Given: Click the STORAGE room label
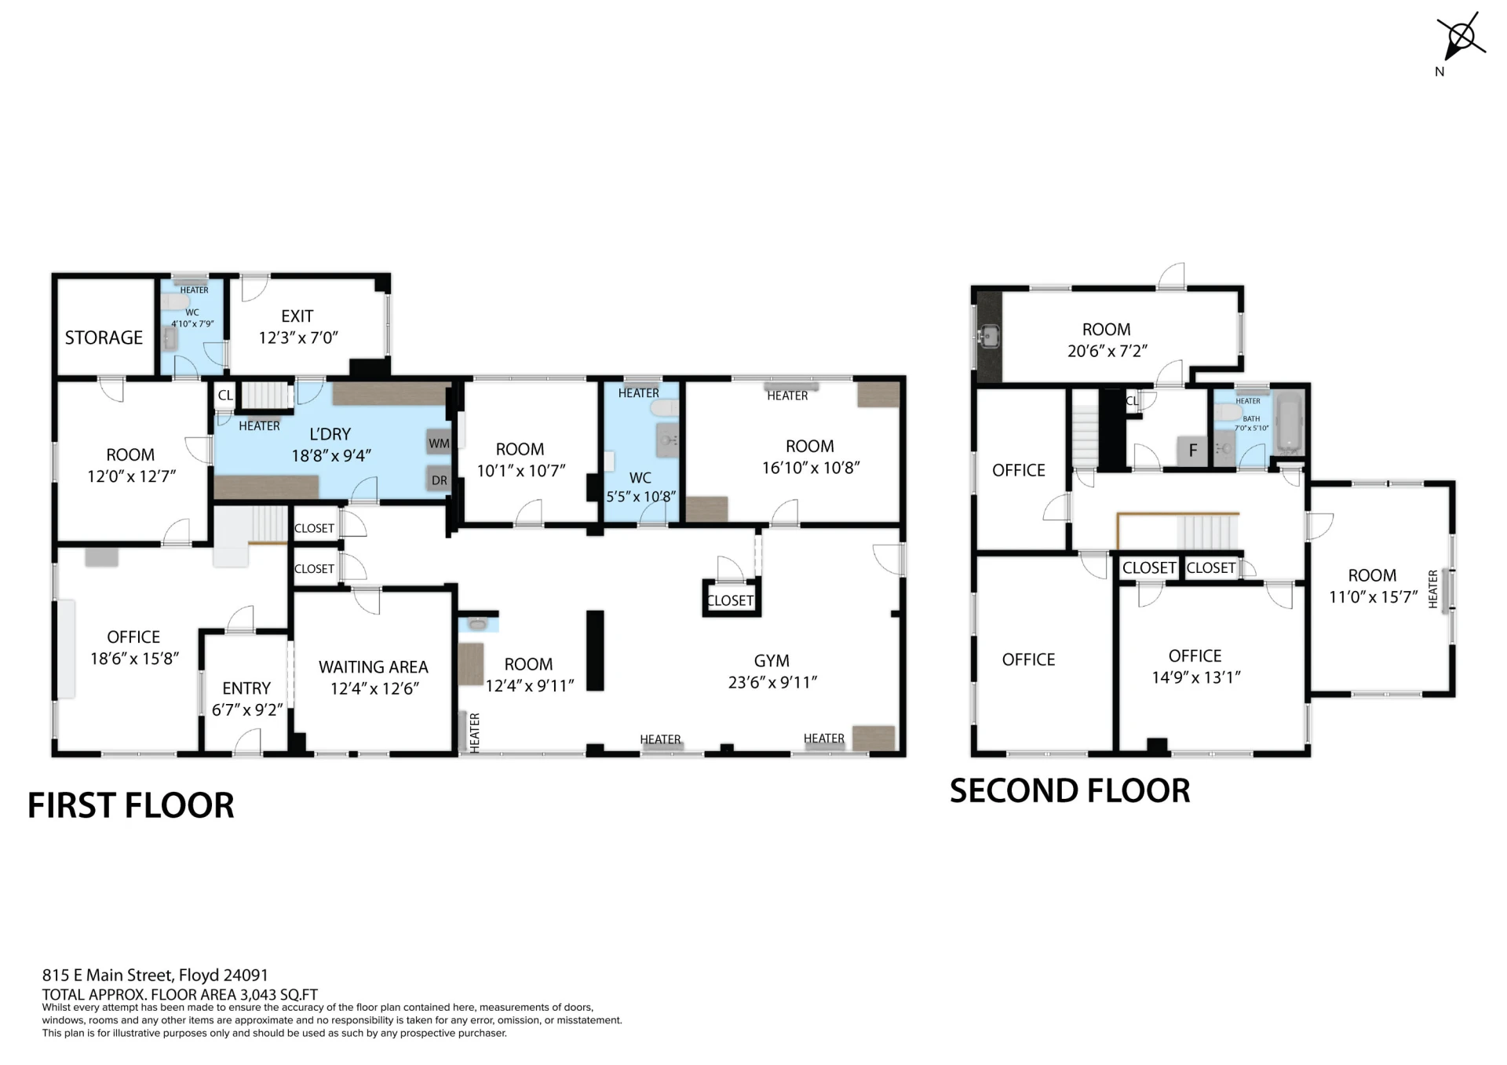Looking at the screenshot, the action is (x=104, y=337).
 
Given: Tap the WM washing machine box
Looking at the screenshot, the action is (x=439, y=443).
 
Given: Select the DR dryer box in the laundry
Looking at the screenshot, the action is (x=439, y=480).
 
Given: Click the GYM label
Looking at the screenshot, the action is (x=772, y=661).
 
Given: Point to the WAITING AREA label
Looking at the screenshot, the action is (x=374, y=667).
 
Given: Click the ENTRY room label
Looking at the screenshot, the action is (x=246, y=688).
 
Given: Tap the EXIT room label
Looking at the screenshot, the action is (x=297, y=316).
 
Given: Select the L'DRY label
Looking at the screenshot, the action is (x=330, y=434).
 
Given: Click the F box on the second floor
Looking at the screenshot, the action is (x=1193, y=450).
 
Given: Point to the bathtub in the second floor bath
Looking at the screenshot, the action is (x=1289, y=425).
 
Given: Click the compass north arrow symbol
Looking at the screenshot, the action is (x=1460, y=38).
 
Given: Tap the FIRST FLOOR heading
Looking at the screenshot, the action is (x=131, y=805).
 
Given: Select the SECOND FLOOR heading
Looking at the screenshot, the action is (x=1070, y=790).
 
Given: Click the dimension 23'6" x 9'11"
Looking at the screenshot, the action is (x=772, y=683).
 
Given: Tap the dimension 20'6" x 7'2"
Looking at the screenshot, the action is (x=1107, y=351).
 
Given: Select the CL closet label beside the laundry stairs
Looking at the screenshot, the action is (x=225, y=396).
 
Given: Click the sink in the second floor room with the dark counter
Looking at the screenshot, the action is (x=989, y=337).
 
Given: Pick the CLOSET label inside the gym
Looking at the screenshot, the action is (x=731, y=600).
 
